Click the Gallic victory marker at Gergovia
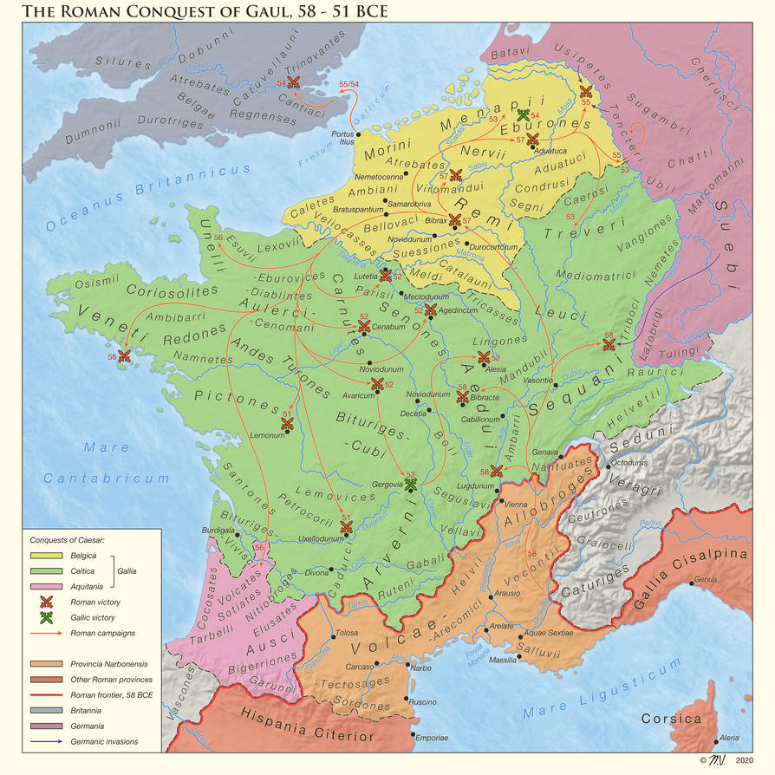[x=411, y=483]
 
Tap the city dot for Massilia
[x=516, y=657]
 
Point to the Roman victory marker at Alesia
[x=484, y=357]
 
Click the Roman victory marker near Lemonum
[x=287, y=423]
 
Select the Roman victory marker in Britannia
[x=293, y=81]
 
